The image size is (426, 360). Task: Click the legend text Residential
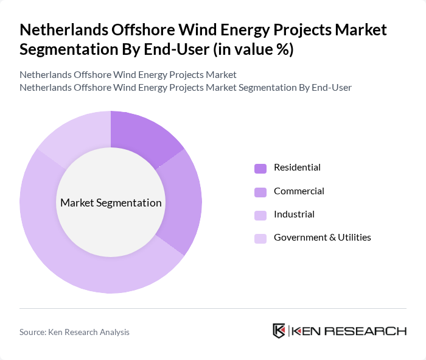pyautogui.click(x=297, y=168)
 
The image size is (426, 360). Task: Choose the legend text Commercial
pyautogui.click(x=299, y=191)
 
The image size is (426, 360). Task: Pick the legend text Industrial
pyautogui.click(x=294, y=214)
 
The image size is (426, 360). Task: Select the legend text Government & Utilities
pyautogui.click(x=322, y=238)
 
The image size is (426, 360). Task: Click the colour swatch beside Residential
pyautogui.click(x=260, y=168)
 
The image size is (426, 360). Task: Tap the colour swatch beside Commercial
pyautogui.click(x=260, y=192)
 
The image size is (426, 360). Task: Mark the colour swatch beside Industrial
pyautogui.click(x=260, y=215)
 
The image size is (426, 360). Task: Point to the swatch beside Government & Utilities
pyautogui.click(x=260, y=238)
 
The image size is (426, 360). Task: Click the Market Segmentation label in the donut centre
pyautogui.click(x=111, y=203)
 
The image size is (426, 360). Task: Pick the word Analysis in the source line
pyautogui.click(x=114, y=332)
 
